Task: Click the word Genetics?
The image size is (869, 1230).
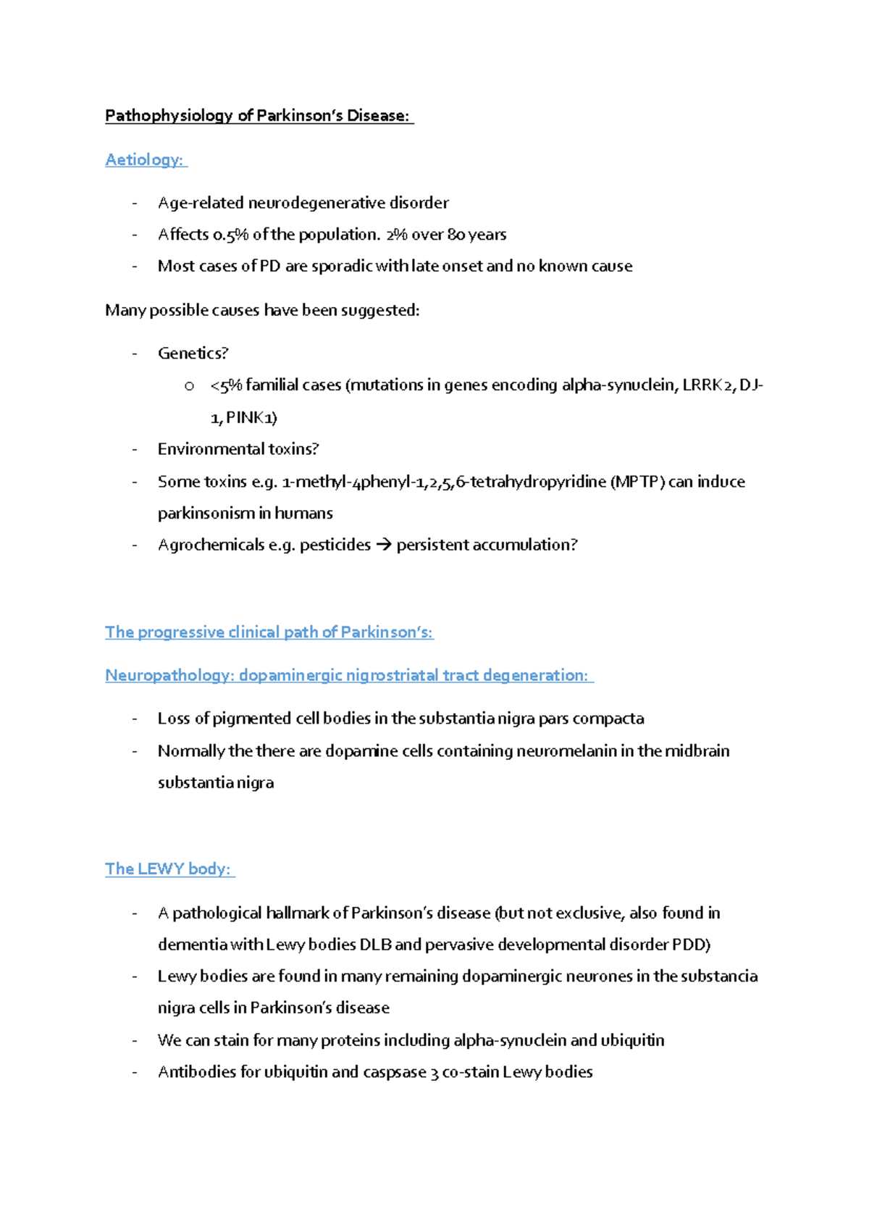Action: pyautogui.click(x=193, y=353)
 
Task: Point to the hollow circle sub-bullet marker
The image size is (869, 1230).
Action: pyautogui.click(x=189, y=387)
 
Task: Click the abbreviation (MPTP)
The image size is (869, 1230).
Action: pyautogui.click(x=637, y=482)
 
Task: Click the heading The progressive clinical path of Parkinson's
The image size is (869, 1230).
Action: pyautogui.click(x=269, y=632)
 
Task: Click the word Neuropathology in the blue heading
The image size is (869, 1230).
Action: pyautogui.click(x=168, y=676)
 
